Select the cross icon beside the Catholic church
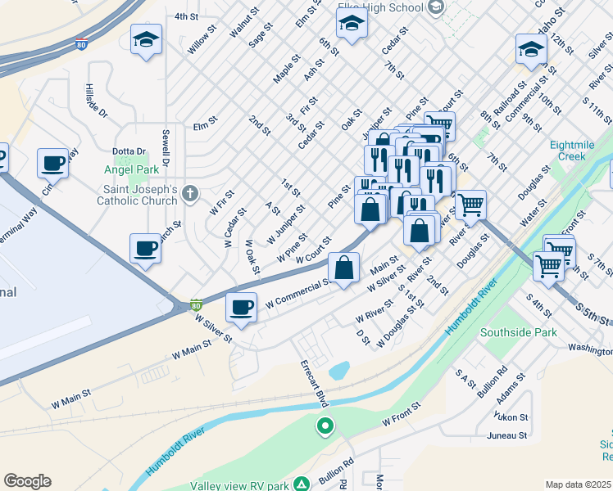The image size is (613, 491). [190, 194]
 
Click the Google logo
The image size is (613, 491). [27, 481]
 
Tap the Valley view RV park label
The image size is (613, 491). [241, 485]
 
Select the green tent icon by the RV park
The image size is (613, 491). [302, 484]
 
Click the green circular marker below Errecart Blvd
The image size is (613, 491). [325, 426]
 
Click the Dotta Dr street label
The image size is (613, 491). [129, 151]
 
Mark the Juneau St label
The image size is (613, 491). [506, 435]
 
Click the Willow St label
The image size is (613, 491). [202, 40]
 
